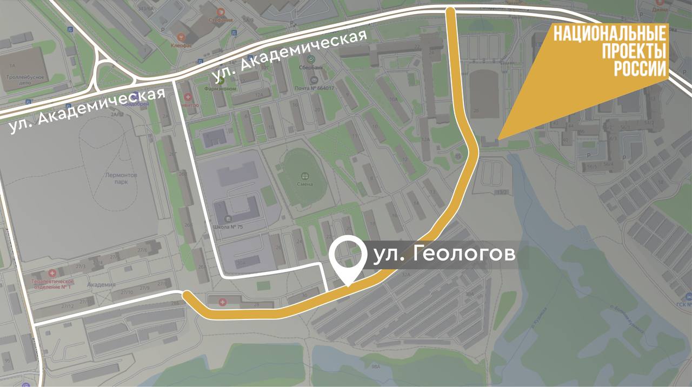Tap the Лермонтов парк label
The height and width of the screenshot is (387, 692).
pos(122,179)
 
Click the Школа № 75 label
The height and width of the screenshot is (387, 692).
pos(229,227)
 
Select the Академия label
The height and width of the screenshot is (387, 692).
pos(101,285)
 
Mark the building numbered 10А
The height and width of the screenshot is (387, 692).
pos(394,100)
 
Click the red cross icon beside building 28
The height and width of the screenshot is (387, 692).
pos(223,301)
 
